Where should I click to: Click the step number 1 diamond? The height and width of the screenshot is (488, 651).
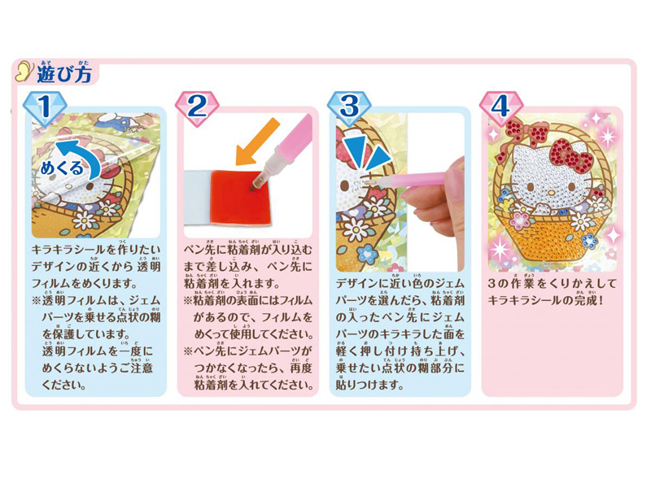click(45, 108)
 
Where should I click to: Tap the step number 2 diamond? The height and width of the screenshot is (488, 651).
click(197, 108)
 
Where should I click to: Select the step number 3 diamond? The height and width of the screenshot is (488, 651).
click(349, 108)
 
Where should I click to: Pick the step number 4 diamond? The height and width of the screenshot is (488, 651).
click(500, 108)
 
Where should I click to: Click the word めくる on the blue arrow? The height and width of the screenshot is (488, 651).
click(62, 168)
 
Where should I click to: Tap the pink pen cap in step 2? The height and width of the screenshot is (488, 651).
click(295, 136)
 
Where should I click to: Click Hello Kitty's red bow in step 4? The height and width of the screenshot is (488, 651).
click(572, 155)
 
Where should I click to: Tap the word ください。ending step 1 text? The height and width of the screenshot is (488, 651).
click(64, 385)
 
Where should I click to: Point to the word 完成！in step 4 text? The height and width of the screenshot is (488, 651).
click(589, 300)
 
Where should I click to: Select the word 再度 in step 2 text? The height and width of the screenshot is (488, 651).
click(301, 368)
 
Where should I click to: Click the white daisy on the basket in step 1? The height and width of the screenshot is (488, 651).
click(85, 220)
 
